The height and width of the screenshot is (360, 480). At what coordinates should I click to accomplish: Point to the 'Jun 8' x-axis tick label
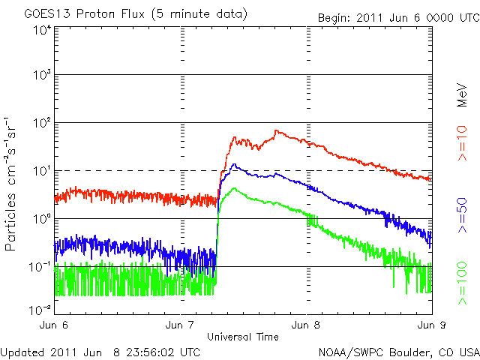(306, 325)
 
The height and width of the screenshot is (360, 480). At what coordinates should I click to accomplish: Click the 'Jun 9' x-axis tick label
(430, 325)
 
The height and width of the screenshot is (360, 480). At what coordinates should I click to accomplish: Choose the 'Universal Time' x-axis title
(243, 337)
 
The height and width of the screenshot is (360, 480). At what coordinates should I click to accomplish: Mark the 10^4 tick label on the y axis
(40, 30)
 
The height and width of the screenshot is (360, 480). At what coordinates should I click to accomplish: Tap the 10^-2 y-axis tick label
(39, 308)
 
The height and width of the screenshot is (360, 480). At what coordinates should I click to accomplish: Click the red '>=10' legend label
(463, 142)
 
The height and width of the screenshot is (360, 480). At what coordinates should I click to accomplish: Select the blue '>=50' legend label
(463, 214)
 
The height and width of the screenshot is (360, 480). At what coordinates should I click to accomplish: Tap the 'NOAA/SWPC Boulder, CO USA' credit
(398, 352)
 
